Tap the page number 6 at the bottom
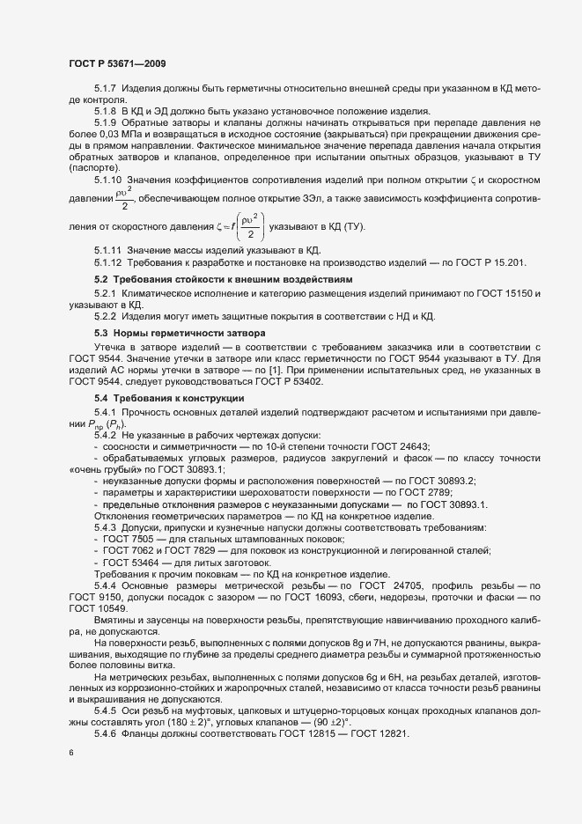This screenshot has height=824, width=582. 71,754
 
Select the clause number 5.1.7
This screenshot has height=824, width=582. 107,91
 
